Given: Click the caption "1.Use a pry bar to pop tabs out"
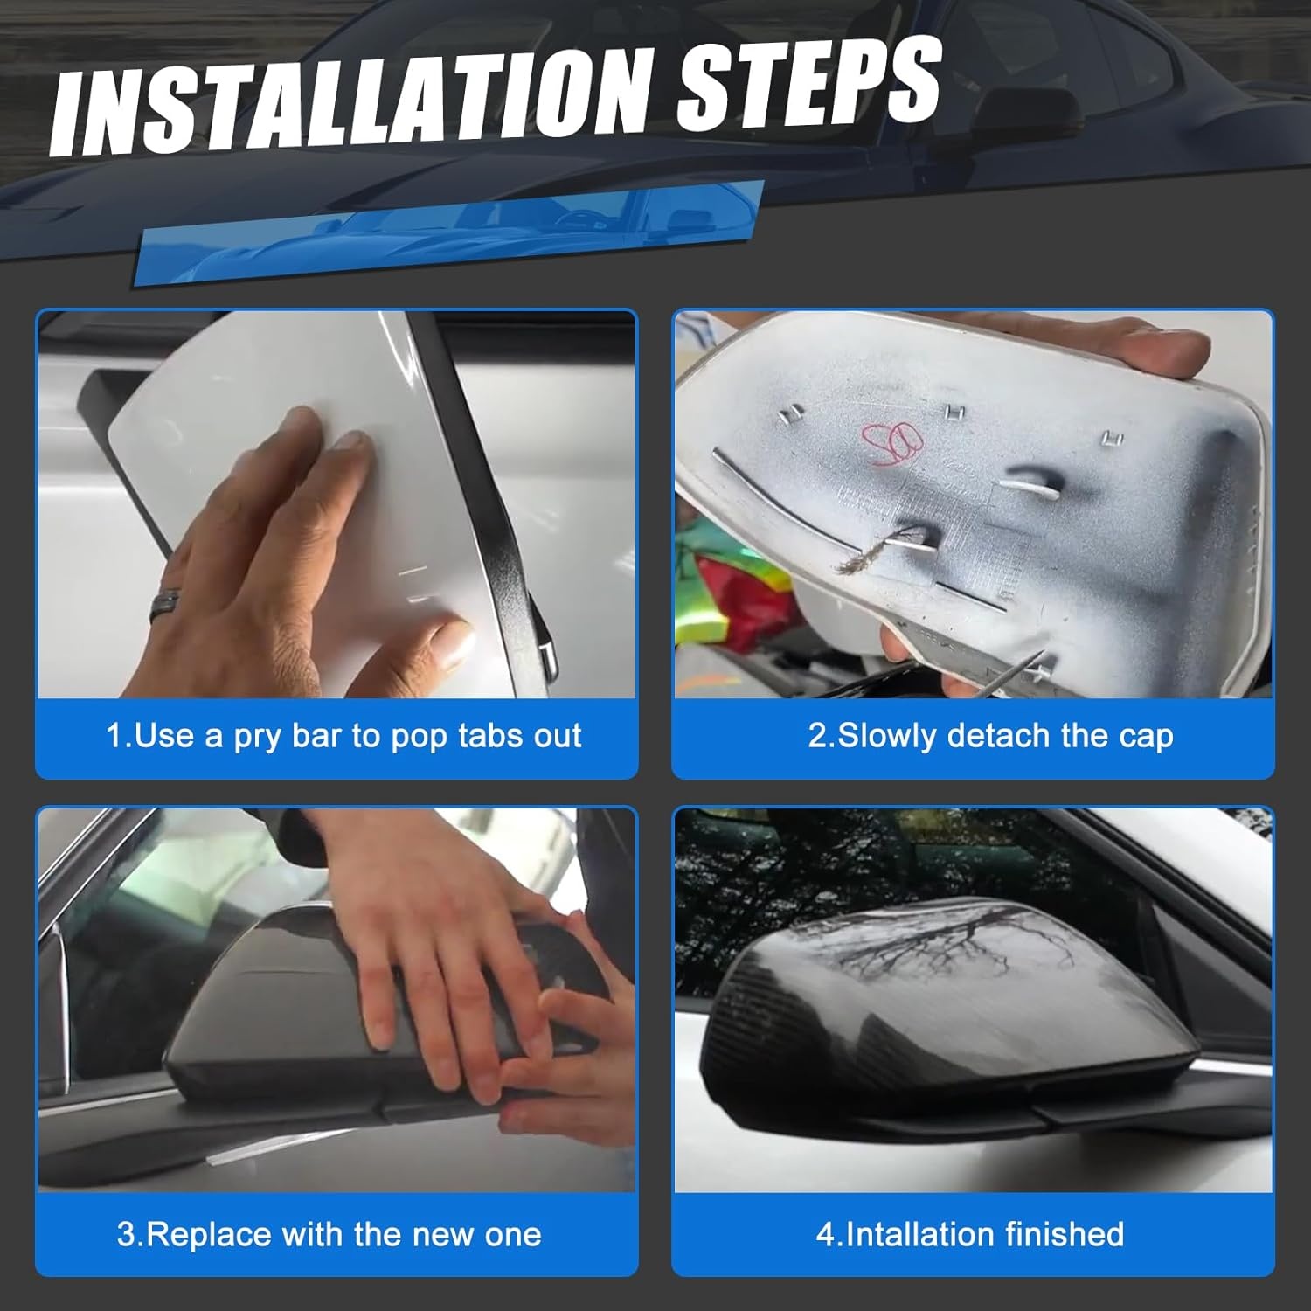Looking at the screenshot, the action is click(x=343, y=736).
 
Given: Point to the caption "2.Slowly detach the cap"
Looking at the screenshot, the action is click(x=990, y=736).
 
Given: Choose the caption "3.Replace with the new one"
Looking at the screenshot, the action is click(x=329, y=1234).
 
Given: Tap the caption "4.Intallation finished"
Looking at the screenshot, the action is click(x=970, y=1234).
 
